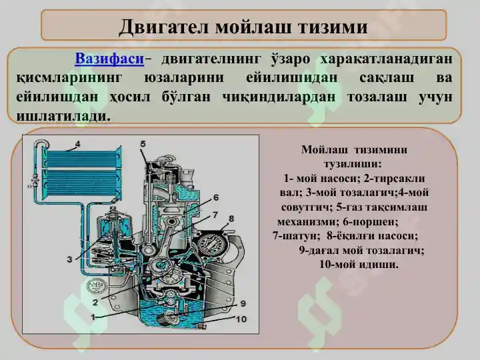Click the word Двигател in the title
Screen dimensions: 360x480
158,27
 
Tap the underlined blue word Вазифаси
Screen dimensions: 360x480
110,59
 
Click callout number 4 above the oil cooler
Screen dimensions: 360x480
78,144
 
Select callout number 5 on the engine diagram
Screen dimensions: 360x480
143,144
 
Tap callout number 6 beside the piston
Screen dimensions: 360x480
216,198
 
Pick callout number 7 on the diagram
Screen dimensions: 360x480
215,215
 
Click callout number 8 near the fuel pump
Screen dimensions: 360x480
231,219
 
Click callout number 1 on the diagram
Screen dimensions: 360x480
93,316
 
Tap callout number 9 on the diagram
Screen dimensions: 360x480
243,304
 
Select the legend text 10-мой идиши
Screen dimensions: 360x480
359,264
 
